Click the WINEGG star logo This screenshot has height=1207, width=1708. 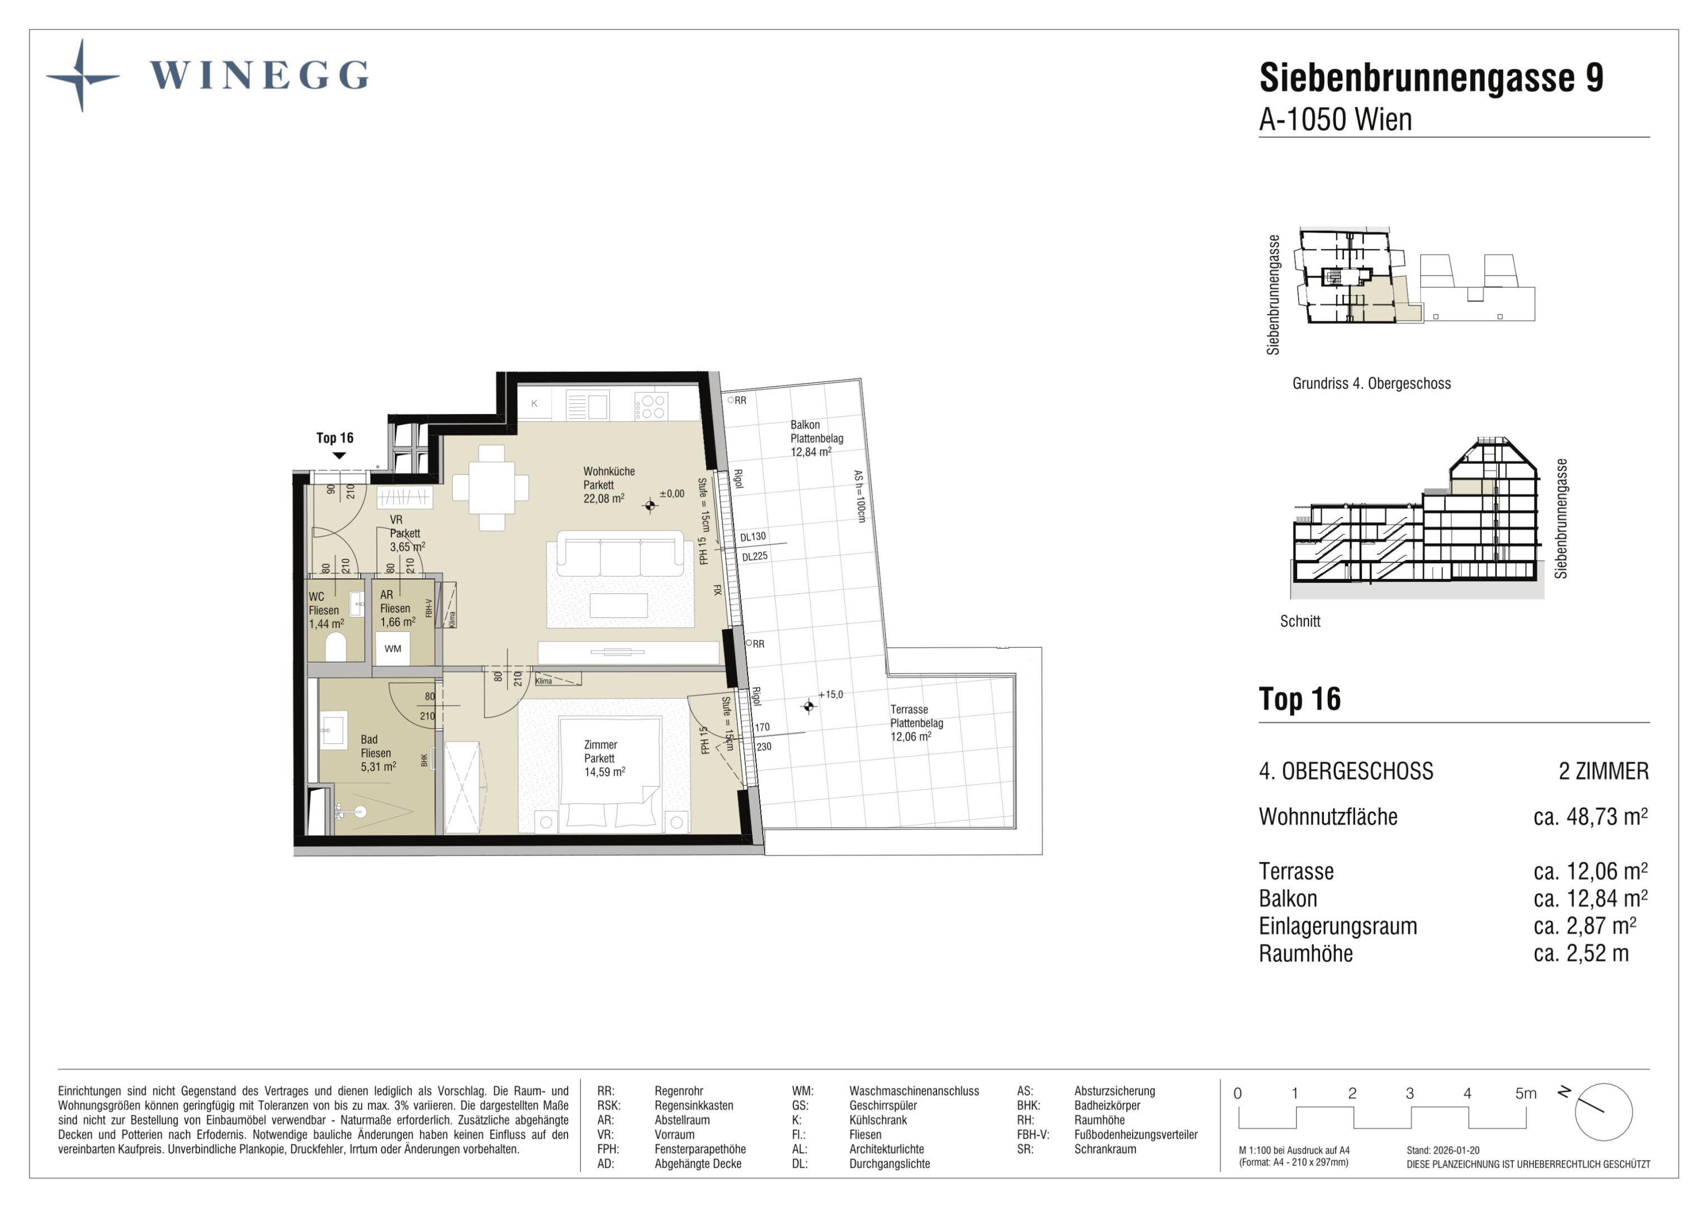point(83,76)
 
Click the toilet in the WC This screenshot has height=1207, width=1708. point(335,645)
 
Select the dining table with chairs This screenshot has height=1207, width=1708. point(491,488)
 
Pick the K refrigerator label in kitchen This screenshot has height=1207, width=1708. point(534,404)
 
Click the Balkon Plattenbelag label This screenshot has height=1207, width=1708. point(817,431)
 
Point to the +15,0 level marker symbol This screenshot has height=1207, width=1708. point(808,706)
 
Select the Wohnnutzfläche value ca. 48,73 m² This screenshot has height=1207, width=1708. point(1591,816)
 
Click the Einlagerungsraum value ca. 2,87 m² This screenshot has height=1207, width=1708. point(1584,926)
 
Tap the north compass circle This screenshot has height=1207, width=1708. point(1604,1112)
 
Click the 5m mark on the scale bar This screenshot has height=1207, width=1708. point(1526,1093)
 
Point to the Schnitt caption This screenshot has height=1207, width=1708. point(1300,621)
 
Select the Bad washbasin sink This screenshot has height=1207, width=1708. point(333,729)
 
